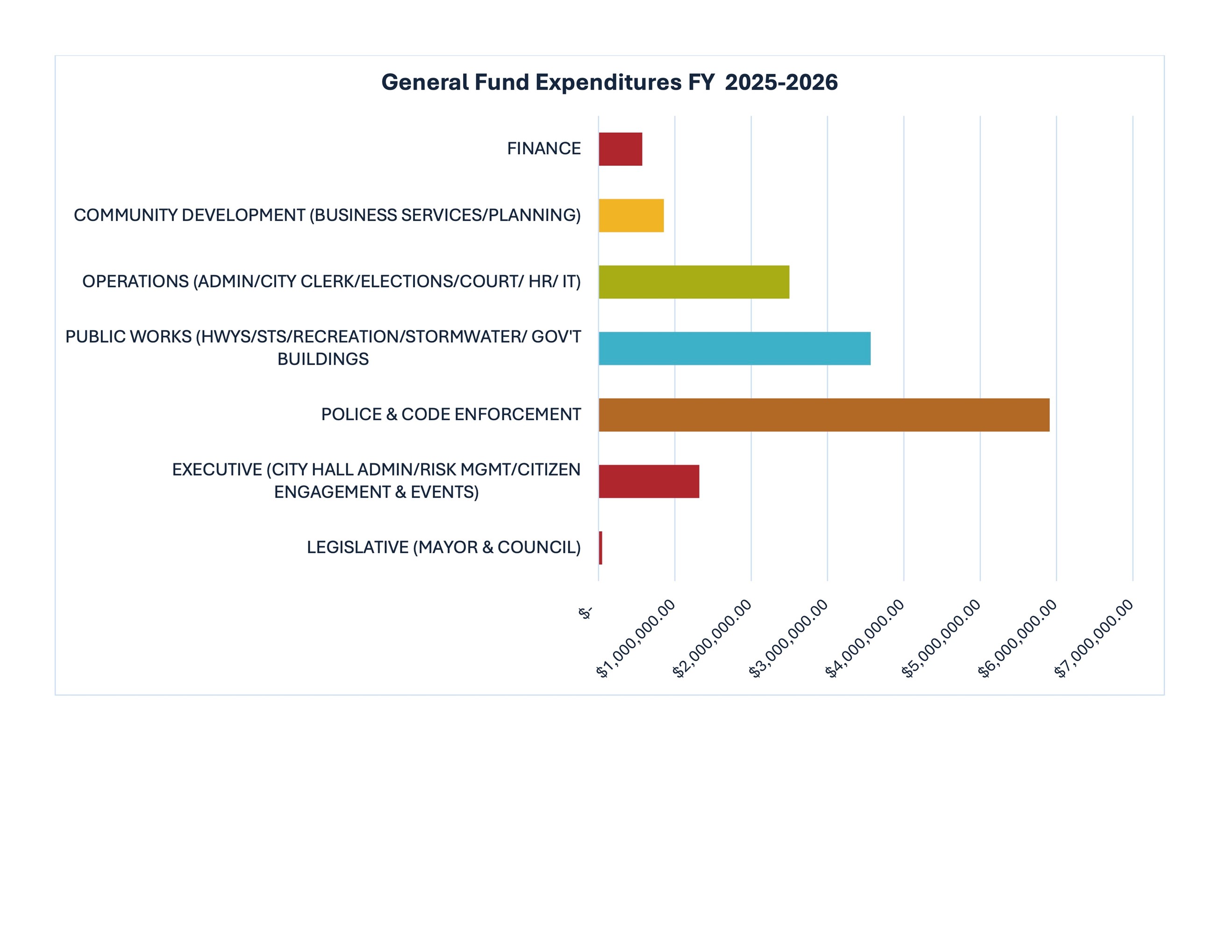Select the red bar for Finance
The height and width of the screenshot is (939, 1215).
(620, 149)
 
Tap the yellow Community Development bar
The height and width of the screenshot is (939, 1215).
(631, 215)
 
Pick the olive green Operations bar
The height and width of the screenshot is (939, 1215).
(694, 282)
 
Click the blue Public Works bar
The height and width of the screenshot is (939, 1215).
(734, 348)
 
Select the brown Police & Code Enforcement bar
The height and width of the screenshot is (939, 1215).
(824, 415)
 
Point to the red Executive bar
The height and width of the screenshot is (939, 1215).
(649, 481)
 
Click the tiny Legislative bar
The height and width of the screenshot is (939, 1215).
(600, 548)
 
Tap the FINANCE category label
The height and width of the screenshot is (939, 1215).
(543, 149)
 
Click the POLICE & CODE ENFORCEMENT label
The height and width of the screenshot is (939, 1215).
(450, 415)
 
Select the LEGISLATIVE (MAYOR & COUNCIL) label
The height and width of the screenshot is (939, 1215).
(443, 548)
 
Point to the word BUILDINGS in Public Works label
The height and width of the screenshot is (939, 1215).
(322, 359)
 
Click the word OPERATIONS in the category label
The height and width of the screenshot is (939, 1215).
(135, 282)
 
